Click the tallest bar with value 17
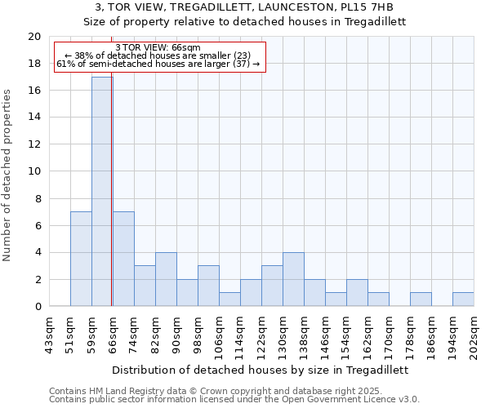point(101,192)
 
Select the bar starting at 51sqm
point(81,259)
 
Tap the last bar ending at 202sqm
point(463,299)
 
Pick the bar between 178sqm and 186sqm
point(421,299)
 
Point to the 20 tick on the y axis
point(34,37)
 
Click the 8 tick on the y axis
point(38,198)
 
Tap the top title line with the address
point(245,7)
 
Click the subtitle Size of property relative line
point(245,21)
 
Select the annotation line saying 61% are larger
point(158,64)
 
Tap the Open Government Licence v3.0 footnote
point(234,399)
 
